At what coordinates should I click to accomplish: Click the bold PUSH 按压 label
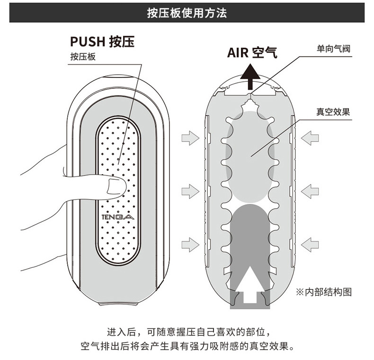click(102, 42)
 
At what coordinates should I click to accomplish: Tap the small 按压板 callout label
click(83, 57)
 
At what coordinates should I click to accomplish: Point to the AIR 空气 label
click(252, 53)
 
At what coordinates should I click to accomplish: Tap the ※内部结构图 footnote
click(324, 291)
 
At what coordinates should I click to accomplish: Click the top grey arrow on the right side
click(310, 138)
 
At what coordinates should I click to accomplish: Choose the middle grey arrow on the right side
click(310, 192)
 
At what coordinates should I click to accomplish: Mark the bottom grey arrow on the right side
click(310, 245)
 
